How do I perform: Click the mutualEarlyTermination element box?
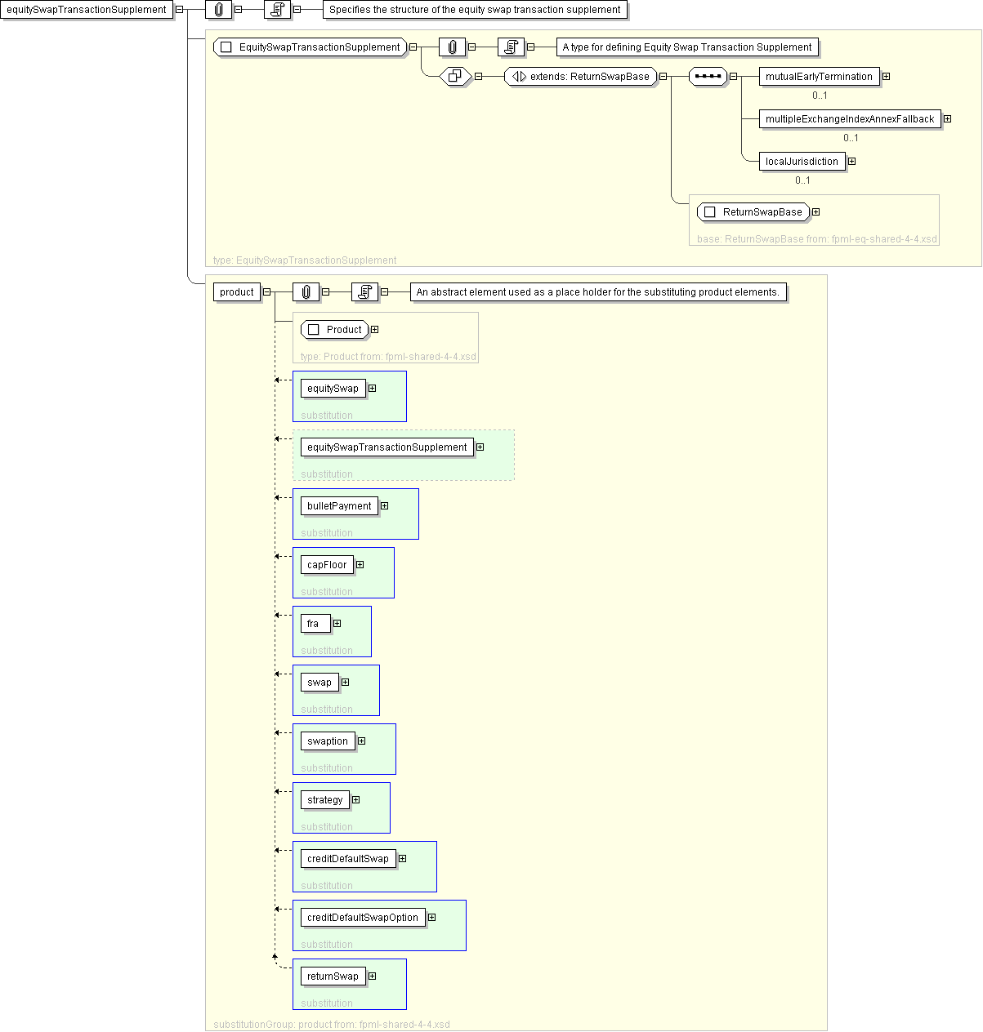tap(818, 77)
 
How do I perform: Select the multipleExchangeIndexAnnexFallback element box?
tap(849, 119)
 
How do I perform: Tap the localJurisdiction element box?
tap(802, 162)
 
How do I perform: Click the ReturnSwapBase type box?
tap(753, 212)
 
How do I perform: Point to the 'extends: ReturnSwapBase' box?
tap(580, 77)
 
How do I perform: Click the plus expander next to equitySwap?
tap(372, 389)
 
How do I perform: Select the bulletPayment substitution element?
tap(339, 506)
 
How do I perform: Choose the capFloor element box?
tap(327, 565)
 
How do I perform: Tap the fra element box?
tap(315, 624)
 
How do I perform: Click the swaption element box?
tap(328, 741)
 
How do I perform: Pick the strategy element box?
tap(324, 800)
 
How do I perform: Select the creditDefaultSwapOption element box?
tap(363, 918)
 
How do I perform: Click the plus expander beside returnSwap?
tap(372, 976)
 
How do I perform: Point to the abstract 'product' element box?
tap(236, 292)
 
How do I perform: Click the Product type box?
tap(334, 330)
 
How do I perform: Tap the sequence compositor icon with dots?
tap(707, 77)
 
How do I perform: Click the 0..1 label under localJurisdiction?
tap(802, 180)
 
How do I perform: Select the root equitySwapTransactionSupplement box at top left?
tap(86, 10)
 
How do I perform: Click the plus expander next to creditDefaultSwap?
tap(403, 859)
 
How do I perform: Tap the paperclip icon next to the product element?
tap(306, 292)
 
